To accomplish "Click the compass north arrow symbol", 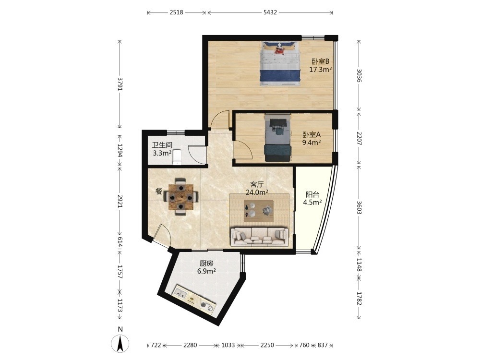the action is pyautogui.click(x=120, y=343).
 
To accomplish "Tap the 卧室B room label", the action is pyautogui.click(x=320, y=61).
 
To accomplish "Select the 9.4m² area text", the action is pyautogui.click(x=312, y=143).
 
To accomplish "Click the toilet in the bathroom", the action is pyautogui.click(x=178, y=157).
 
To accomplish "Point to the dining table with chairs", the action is pyautogui.click(x=181, y=197).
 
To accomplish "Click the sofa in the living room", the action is pyautogui.click(x=259, y=236).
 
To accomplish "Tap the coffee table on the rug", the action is pyautogui.click(x=259, y=211).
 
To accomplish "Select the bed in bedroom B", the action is pyautogui.click(x=280, y=64).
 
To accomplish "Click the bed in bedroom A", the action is pyautogui.click(x=277, y=138).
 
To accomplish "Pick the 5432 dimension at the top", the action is pyautogui.click(x=270, y=12).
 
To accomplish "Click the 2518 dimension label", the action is pyautogui.click(x=176, y=12).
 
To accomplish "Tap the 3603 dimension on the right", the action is pyautogui.click(x=359, y=207).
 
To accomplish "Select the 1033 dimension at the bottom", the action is pyautogui.click(x=228, y=345).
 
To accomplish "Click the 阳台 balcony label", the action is pyautogui.click(x=312, y=194).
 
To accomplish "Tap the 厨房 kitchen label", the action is pyautogui.click(x=206, y=263).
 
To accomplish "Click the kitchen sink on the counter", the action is pyautogui.click(x=180, y=293).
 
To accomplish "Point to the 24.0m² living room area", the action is pyautogui.click(x=257, y=192).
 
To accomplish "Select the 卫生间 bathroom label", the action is pyautogui.click(x=162, y=145).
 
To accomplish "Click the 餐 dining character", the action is pyautogui.click(x=158, y=192).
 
